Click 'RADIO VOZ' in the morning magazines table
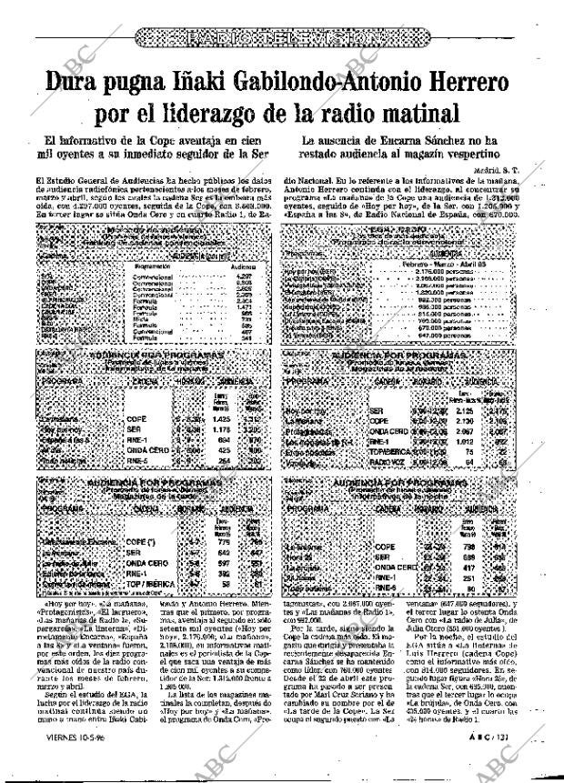click(388, 463)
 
